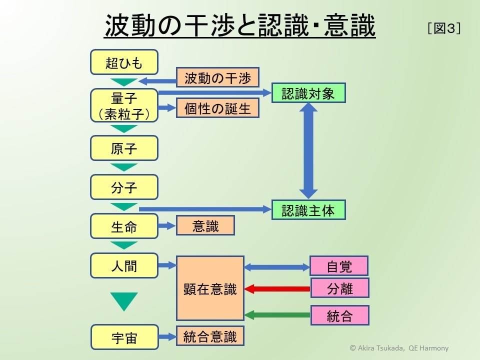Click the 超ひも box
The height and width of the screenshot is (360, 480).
coord(124,62)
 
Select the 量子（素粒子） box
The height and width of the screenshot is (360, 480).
coord(124,105)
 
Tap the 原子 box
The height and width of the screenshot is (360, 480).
coord(124,148)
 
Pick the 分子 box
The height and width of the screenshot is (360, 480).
coord(124,187)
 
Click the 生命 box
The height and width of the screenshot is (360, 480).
coord(124,226)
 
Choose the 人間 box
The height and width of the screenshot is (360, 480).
coord(124,265)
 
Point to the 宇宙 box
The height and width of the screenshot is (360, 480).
coord(124,337)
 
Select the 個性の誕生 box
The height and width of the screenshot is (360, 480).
coord(217,108)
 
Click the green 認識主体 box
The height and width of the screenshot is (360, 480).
coord(308,210)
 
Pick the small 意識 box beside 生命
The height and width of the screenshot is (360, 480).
coord(205,226)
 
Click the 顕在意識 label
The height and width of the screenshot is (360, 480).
coord(210,289)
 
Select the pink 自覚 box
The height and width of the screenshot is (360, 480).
coord(339,266)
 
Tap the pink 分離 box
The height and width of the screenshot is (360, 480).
coord(339,288)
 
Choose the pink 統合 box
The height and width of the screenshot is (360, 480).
coord(339,315)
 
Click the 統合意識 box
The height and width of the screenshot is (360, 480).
coord(210,335)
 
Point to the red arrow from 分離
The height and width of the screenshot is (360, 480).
coord(277,289)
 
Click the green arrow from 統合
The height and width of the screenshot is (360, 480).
coord(277,315)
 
